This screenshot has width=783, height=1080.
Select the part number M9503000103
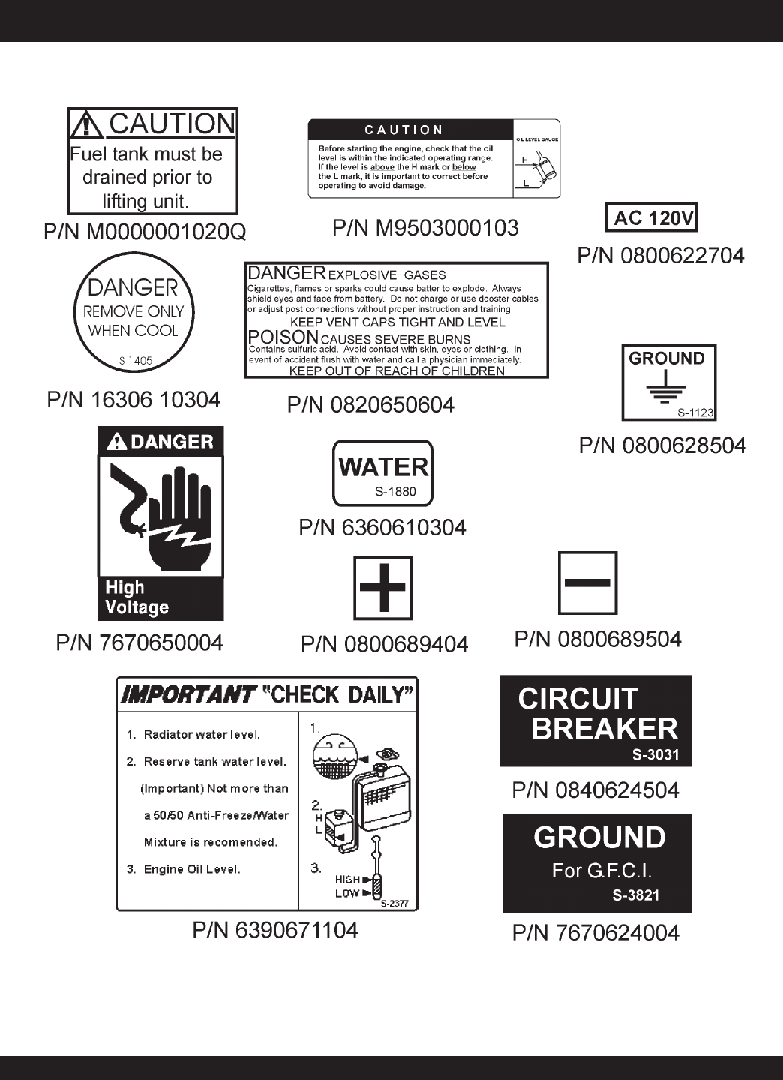coord(425,228)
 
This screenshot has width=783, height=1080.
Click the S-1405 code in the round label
coord(135,361)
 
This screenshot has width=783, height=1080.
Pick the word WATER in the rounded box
coord(382,467)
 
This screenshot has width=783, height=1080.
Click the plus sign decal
coord(382,587)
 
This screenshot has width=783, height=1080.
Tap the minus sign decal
coord(587,583)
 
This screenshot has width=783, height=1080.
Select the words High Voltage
coord(136,598)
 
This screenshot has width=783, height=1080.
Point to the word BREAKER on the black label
coord(604,729)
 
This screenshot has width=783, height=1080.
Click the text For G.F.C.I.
coord(601,871)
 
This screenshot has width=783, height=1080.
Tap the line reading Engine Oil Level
coord(191,869)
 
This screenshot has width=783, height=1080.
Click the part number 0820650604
coord(370,405)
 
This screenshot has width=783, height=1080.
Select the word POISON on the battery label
coord(283,337)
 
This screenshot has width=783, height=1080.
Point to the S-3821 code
coord(635,895)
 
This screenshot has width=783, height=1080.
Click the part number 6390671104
coord(275,930)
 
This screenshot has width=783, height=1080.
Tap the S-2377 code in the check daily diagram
coord(394,904)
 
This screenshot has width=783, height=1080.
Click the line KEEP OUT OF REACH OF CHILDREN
coord(397,370)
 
